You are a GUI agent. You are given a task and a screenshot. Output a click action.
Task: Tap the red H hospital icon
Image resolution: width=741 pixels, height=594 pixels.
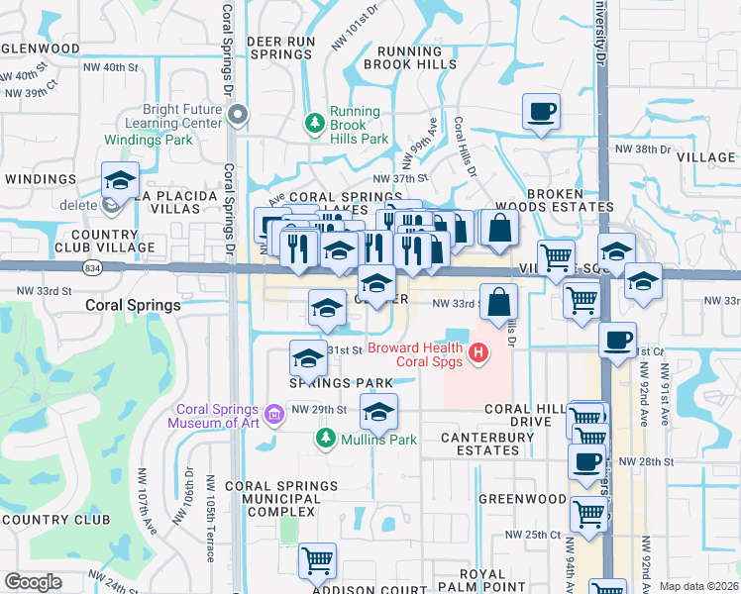[x=479, y=352]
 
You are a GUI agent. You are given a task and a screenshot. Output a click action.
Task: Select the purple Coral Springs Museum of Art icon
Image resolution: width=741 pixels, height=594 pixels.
[x=248, y=411]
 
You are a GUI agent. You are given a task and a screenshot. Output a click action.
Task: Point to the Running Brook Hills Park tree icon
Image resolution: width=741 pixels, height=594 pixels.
[x=315, y=122]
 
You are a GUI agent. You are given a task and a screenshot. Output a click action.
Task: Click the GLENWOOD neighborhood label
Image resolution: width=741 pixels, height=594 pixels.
[x=41, y=49]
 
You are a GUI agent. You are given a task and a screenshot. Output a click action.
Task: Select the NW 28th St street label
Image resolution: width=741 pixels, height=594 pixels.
[x=646, y=461]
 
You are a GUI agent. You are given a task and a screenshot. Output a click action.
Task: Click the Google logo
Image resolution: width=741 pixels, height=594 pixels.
[x=33, y=582]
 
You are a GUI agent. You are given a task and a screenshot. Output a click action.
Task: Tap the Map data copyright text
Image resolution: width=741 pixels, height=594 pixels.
[x=698, y=586]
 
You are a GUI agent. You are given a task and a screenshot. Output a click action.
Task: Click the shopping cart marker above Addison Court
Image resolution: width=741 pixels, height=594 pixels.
[x=317, y=560]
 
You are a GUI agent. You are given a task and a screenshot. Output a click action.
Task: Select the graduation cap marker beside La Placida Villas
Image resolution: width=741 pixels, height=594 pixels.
[x=119, y=179]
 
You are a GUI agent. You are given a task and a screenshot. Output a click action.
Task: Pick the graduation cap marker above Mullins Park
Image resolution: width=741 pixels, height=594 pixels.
[x=377, y=411]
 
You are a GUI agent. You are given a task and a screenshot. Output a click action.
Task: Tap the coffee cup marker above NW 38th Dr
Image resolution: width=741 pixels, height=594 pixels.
[x=541, y=111]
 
